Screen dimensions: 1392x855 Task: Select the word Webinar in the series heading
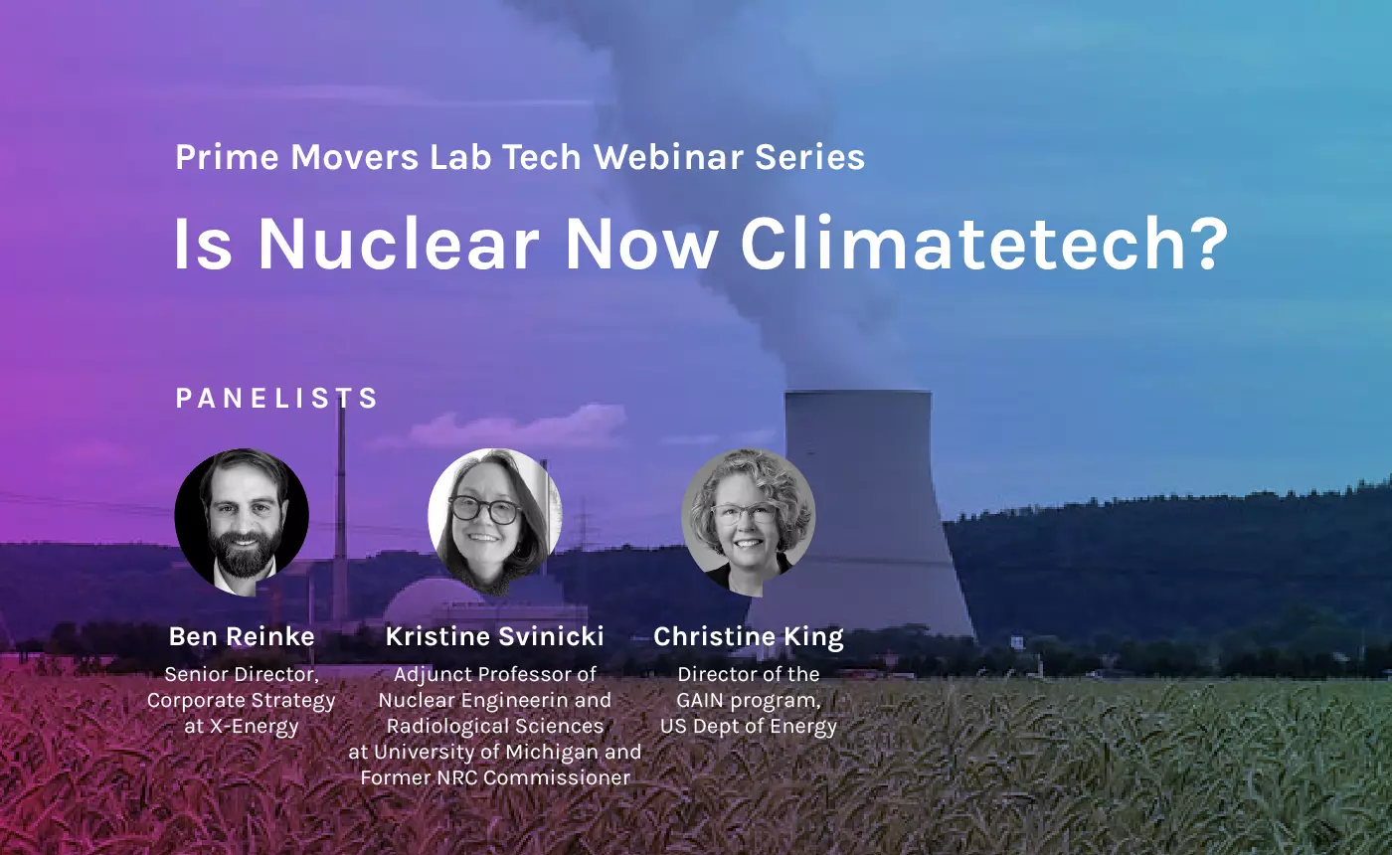tap(668, 157)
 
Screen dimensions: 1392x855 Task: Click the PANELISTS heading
tap(276, 399)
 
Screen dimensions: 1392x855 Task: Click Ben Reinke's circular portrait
tap(242, 522)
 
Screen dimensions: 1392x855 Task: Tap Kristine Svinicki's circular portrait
tap(495, 522)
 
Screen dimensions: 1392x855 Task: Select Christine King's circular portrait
tap(748, 522)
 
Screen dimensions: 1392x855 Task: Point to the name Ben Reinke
tap(242, 636)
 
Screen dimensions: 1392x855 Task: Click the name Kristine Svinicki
tap(495, 636)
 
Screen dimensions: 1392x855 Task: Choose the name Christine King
tap(748, 637)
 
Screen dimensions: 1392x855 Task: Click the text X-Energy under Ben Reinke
tap(255, 727)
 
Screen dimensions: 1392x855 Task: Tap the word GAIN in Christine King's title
tap(700, 700)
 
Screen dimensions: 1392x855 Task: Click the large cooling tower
tap(860, 516)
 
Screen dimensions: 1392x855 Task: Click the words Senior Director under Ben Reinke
tap(242, 675)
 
